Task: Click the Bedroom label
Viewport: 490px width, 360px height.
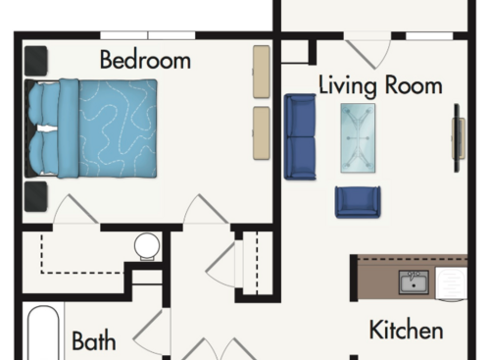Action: point(145,60)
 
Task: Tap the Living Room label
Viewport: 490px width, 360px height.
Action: point(380,84)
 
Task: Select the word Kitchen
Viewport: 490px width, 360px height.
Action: point(406,330)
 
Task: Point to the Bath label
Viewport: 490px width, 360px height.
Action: point(94,341)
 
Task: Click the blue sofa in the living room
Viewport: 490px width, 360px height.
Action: point(300,136)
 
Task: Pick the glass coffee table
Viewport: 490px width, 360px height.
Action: point(357,137)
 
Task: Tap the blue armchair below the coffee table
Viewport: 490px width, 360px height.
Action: point(357,201)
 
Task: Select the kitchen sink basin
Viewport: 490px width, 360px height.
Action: point(413,283)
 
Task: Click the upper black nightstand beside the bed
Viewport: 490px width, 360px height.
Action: point(36,61)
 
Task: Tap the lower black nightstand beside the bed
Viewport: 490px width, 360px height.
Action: point(36,196)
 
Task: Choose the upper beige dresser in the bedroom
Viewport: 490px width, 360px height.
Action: point(262,71)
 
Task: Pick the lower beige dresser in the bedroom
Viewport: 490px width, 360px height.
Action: point(262,131)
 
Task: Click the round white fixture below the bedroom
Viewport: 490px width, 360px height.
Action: point(147,244)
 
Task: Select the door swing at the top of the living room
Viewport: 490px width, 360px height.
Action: point(368,49)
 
